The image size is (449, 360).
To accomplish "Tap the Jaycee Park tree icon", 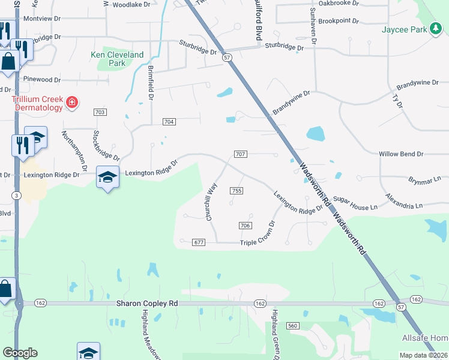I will (436, 29).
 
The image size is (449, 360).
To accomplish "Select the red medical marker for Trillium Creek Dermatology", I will (72, 103).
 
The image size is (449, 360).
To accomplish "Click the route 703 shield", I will (100, 112).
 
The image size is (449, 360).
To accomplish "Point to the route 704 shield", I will (169, 122).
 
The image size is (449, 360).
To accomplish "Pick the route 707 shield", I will (240, 154).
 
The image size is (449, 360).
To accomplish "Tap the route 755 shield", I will (236, 191).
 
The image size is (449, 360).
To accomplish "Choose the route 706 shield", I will (244, 225).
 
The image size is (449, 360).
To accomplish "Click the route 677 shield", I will (199, 242).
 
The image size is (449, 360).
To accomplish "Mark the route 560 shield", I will (293, 326).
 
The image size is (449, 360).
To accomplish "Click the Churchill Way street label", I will (211, 202).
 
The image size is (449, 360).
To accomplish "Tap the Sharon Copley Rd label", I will (147, 304).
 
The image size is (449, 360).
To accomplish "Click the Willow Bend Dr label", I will (401, 154).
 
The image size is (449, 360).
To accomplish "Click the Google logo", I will (20, 353).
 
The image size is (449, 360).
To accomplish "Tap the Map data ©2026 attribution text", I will (423, 355).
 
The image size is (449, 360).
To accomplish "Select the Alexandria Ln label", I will (408, 202).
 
